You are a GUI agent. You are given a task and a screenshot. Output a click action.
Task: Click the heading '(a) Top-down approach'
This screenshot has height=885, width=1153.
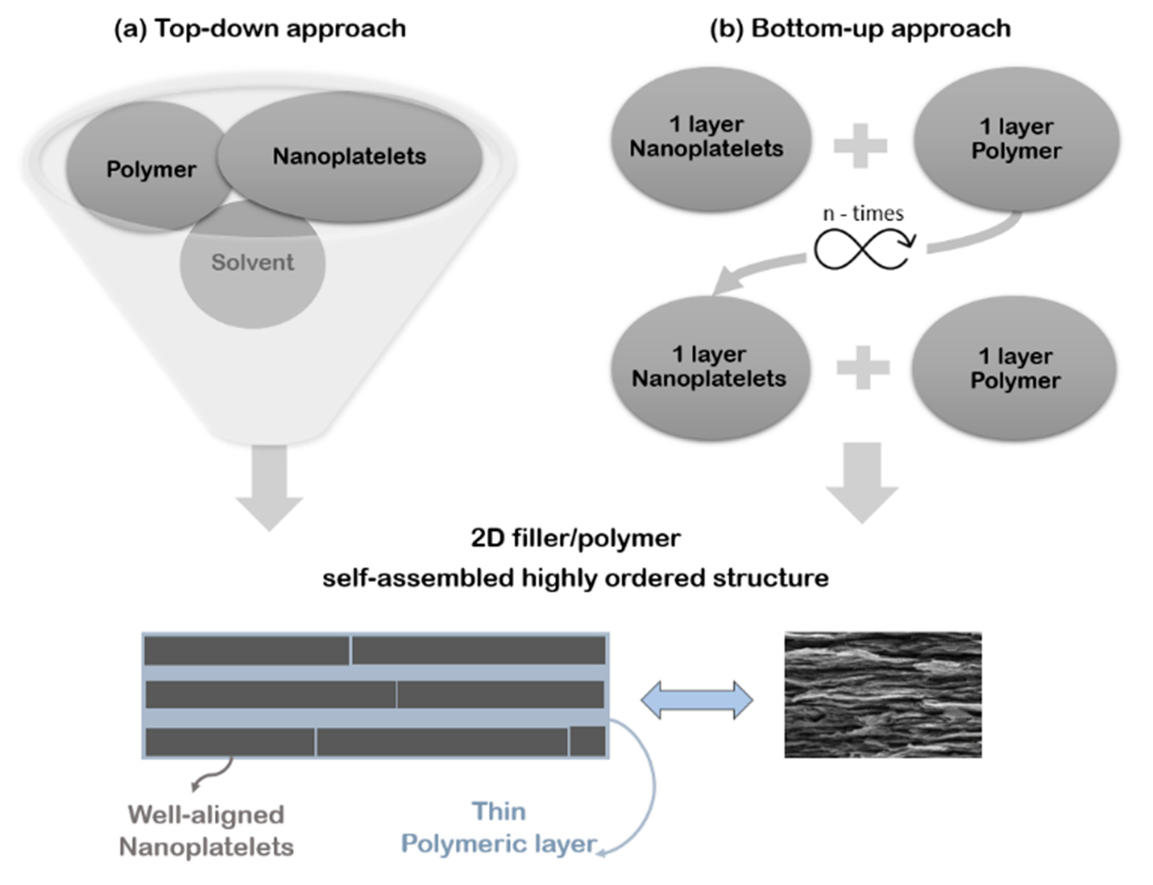click(x=260, y=29)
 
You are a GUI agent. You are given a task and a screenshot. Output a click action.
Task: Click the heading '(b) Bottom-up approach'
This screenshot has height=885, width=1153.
click(x=860, y=29)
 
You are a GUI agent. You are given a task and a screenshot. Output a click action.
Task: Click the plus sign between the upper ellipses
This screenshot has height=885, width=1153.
click(x=860, y=146)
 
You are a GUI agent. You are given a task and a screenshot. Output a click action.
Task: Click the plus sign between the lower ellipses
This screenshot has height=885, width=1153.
click(x=863, y=368)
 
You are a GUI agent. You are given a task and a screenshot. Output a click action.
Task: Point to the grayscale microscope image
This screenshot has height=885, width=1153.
click(x=883, y=694)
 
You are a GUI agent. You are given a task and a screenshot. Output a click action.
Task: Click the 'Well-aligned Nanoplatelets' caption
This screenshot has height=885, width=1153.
click(x=207, y=831)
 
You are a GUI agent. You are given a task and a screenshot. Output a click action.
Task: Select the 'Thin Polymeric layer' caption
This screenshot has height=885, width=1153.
click(x=499, y=828)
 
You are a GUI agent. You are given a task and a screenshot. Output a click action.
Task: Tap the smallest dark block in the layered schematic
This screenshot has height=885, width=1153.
click(x=587, y=741)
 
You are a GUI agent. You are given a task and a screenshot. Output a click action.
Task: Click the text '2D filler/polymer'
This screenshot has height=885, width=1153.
click(x=576, y=538)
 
